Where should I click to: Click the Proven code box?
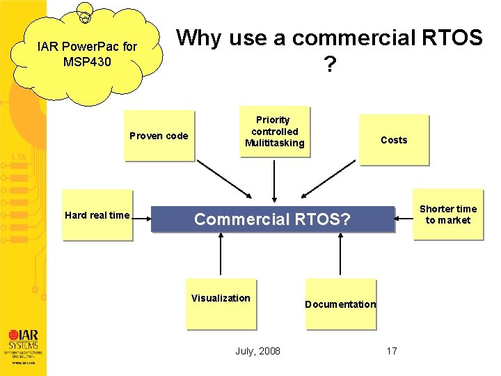click(x=159, y=136)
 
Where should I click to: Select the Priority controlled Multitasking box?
click(x=274, y=132)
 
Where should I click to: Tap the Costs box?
click(x=394, y=140)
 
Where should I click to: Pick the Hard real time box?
click(x=97, y=215)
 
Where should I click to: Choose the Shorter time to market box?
click(x=448, y=214)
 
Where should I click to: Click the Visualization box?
click(x=221, y=304)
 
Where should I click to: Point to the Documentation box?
click(x=340, y=304)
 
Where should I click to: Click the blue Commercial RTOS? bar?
click(x=273, y=219)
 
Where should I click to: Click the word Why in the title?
click(x=199, y=38)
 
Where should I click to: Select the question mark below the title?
click(x=329, y=65)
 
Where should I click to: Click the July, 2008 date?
click(x=258, y=351)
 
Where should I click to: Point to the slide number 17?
click(x=392, y=351)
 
